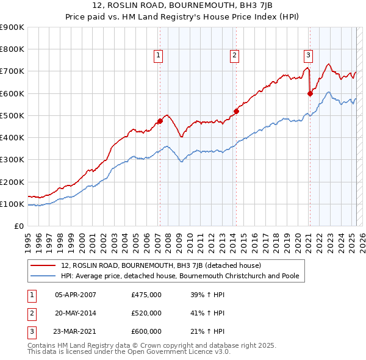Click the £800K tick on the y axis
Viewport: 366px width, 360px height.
click(x=13, y=49)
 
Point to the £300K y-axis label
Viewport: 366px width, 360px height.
click(x=13, y=160)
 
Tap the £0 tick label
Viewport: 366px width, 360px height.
click(x=18, y=226)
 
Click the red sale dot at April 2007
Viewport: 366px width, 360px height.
click(x=160, y=121)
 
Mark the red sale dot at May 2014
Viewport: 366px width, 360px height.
click(x=236, y=111)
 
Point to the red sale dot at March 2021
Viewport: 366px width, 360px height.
click(x=310, y=93)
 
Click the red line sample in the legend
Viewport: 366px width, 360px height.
click(x=43, y=265)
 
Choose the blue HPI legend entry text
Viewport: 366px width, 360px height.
click(x=180, y=276)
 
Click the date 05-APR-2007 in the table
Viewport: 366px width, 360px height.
click(x=76, y=295)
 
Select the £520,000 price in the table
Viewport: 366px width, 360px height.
click(x=146, y=313)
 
